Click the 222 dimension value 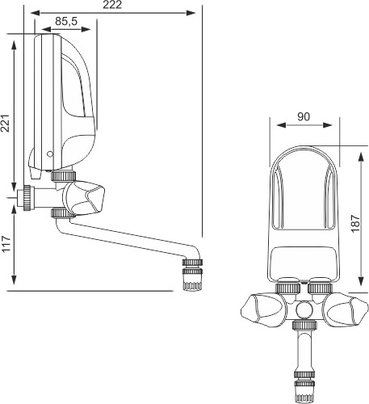[112, 5]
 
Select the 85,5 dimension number [66, 21]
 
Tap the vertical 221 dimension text [6, 124]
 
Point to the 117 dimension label [6, 244]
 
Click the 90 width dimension [304, 116]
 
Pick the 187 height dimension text [355, 223]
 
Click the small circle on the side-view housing [50, 154]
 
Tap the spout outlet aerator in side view [192, 275]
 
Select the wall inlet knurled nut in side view [27, 198]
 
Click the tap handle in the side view [84, 198]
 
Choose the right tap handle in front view [346, 310]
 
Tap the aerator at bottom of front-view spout [304, 388]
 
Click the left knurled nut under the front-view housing [288, 288]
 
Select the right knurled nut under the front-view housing [320, 288]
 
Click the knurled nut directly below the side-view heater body [63, 176]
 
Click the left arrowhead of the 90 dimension [281, 125]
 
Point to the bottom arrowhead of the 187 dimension [360, 282]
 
